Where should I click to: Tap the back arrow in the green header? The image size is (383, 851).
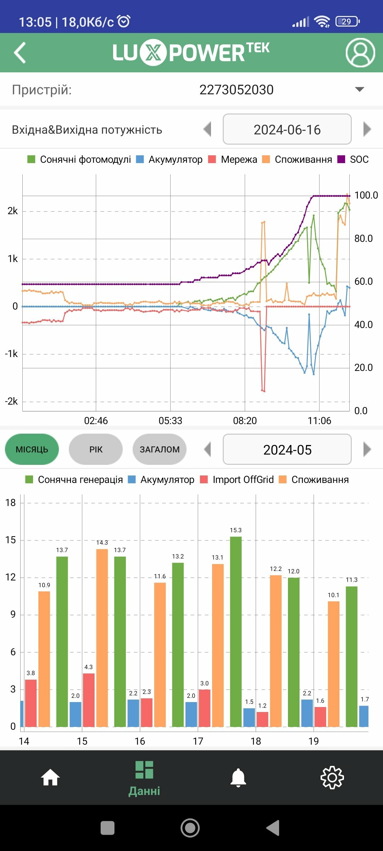20,53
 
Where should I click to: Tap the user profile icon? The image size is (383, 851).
360,53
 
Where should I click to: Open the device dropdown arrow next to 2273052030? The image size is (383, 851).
360,89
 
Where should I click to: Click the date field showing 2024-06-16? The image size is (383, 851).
287,129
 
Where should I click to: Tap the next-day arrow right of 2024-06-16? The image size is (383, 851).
367,129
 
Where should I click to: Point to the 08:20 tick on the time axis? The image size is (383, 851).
245,421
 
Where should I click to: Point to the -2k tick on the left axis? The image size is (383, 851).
11,401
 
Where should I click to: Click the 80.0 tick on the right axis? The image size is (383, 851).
363,239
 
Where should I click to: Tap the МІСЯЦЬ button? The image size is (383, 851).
32,449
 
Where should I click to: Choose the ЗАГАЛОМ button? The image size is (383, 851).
160,449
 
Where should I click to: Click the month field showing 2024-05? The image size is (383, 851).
287,450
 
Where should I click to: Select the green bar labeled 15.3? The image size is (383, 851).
236,631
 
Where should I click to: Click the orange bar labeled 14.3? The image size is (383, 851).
102,638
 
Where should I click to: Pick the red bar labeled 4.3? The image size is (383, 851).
89,700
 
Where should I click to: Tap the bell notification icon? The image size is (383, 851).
238,778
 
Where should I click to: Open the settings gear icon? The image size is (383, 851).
332,778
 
